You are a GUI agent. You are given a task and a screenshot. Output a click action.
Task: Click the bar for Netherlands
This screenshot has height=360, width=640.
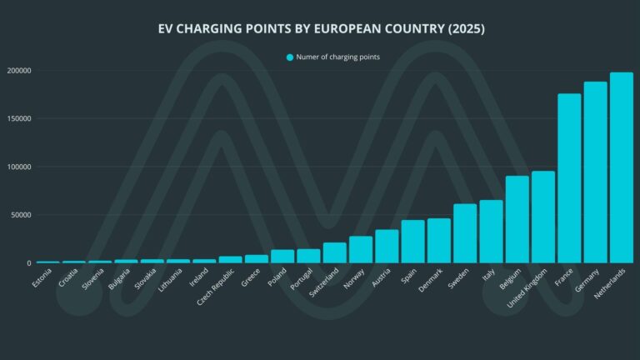tap(621, 167)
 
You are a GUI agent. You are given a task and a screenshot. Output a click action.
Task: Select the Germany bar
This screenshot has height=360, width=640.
tap(595, 172)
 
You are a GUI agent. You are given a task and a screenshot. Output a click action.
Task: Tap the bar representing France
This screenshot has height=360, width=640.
tap(569, 178)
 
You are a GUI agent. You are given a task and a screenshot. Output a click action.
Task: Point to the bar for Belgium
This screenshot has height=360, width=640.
tap(517, 219)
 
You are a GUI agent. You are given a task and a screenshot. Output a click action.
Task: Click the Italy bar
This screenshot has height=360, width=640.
tap(491, 232)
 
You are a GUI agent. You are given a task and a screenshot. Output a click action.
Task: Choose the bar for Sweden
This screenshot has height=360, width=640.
tap(465, 233)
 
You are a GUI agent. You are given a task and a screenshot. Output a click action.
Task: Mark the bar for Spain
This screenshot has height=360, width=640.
tap(412, 242)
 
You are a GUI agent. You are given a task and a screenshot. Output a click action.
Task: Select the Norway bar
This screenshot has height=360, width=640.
tap(361, 249)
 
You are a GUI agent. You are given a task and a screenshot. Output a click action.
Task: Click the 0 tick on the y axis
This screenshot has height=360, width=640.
tap(28, 263)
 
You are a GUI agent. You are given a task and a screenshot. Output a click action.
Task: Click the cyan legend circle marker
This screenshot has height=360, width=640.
tap(290, 57)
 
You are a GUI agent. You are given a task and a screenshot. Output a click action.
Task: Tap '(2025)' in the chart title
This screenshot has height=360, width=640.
tap(466, 29)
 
